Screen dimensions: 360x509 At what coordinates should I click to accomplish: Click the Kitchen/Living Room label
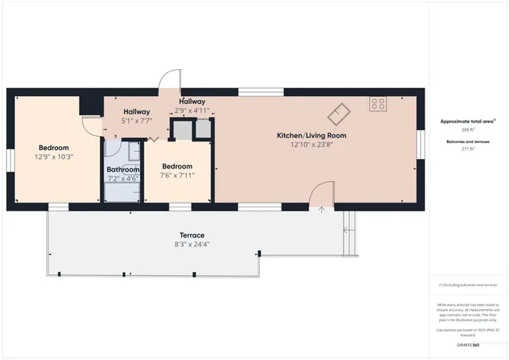[x=311, y=136]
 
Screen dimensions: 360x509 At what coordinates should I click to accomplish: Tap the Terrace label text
[x=192, y=235]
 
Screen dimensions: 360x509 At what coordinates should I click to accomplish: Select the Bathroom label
[x=123, y=169]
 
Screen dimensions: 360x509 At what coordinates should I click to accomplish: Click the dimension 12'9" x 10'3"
[x=54, y=157]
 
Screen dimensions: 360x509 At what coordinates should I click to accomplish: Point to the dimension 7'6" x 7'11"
[x=178, y=175]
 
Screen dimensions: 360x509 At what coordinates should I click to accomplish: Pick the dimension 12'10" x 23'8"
[x=311, y=145]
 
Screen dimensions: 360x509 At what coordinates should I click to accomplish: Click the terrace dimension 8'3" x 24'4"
[x=192, y=245]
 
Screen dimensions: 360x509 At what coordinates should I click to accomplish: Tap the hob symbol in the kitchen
[x=377, y=103]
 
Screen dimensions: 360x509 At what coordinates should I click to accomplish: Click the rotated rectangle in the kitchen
[x=340, y=113]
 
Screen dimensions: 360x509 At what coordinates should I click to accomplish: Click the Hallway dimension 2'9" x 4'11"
[x=192, y=110]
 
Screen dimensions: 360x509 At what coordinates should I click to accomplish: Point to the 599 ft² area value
[x=468, y=128]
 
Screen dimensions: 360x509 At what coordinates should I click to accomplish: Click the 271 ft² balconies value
[x=468, y=149]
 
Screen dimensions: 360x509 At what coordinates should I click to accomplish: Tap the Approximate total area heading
[x=468, y=122]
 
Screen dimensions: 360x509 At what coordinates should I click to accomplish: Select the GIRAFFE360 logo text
[x=468, y=345]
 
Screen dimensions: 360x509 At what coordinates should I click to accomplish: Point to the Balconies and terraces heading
[x=468, y=141]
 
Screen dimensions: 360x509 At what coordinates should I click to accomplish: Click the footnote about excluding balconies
[x=468, y=285]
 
